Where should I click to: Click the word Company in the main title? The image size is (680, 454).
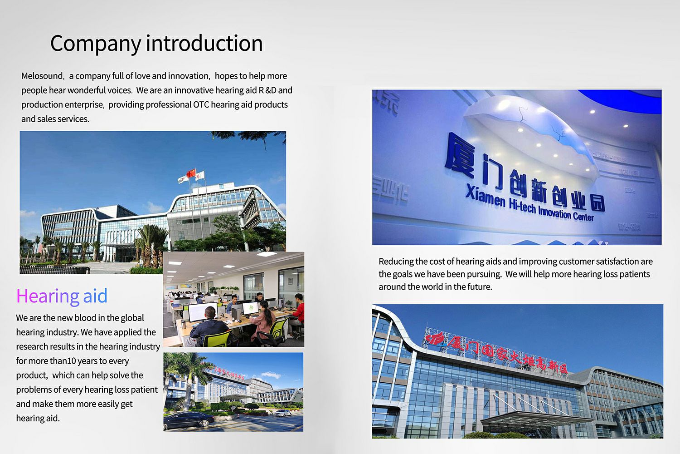pyautogui.click(x=96, y=44)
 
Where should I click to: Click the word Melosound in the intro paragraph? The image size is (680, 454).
pyautogui.click(x=43, y=76)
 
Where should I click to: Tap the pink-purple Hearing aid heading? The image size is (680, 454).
pyautogui.click(x=62, y=296)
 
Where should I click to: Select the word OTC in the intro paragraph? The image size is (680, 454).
pyautogui.click(x=201, y=104)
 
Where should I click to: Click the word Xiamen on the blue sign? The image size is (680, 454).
pyautogui.click(x=485, y=195)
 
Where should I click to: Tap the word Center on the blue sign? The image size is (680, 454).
pyautogui.click(x=583, y=216)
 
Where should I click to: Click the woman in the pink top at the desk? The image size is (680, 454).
pyautogui.click(x=263, y=319)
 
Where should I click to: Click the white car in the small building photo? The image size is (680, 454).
pyautogui.click(x=282, y=413)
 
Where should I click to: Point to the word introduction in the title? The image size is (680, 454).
pyautogui.click(x=204, y=43)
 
